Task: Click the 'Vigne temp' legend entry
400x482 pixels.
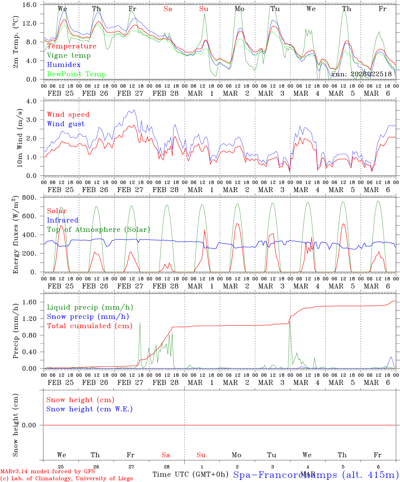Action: (x=69, y=56)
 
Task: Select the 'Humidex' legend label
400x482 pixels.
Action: (x=64, y=65)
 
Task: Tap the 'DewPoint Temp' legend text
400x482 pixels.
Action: (x=76, y=74)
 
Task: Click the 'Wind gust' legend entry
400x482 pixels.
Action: (x=66, y=124)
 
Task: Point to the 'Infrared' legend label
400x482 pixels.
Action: (x=63, y=220)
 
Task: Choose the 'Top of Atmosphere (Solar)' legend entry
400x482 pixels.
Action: (x=98, y=230)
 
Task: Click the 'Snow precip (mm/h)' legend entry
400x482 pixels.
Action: (x=88, y=317)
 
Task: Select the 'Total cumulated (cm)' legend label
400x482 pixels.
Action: (x=89, y=326)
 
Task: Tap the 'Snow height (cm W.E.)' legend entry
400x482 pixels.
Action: (x=89, y=409)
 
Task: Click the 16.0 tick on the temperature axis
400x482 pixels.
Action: (x=33, y=5)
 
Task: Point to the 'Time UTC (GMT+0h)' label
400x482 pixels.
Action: (x=190, y=474)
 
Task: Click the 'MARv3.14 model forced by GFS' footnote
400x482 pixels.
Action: (x=48, y=472)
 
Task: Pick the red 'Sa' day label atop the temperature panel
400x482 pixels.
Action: (x=168, y=9)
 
